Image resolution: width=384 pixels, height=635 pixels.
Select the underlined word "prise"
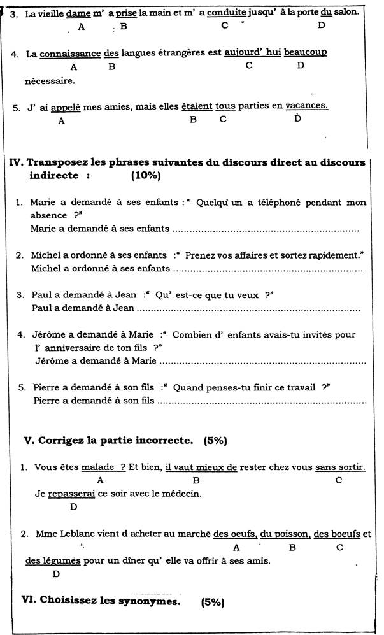126,12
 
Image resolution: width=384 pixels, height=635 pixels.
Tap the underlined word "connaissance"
70,54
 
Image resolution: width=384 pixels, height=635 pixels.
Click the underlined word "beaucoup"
305,53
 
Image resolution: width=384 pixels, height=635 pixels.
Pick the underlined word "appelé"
65,107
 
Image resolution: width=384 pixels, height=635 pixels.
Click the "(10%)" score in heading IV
145,175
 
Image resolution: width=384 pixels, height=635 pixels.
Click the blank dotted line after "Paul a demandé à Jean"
248,309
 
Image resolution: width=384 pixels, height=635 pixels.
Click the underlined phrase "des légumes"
53,560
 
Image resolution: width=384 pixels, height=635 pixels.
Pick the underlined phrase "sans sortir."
340,467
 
